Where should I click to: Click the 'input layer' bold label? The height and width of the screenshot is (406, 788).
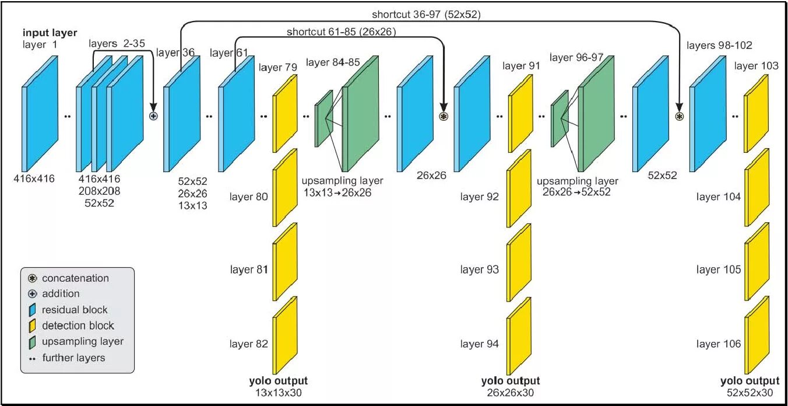click(50, 33)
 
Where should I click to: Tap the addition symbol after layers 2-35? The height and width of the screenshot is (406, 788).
click(154, 116)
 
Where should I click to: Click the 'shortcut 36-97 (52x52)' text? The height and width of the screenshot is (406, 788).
click(426, 14)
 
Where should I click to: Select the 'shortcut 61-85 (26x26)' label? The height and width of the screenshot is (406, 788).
click(341, 32)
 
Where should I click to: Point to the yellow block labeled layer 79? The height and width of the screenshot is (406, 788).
click(285, 113)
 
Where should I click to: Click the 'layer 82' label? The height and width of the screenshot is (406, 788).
click(249, 344)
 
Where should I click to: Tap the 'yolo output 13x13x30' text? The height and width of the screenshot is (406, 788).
click(278, 387)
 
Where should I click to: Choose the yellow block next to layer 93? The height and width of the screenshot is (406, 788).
click(519, 263)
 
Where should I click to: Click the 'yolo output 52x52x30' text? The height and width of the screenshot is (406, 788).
click(750, 387)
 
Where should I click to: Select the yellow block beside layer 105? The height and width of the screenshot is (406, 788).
click(757, 263)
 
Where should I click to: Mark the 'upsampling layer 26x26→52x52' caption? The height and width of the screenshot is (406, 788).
click(577, 186)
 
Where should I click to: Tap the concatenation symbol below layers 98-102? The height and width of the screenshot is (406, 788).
click(679, 116)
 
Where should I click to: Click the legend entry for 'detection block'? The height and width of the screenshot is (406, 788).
click(78, 325)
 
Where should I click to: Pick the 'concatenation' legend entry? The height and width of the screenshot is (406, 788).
click(75, 278)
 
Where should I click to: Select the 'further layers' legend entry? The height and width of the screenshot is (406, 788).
click(73, 357)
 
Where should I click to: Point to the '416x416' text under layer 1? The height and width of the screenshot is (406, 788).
click(34, 178)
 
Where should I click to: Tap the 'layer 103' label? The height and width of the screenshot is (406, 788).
click(756, 66)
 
